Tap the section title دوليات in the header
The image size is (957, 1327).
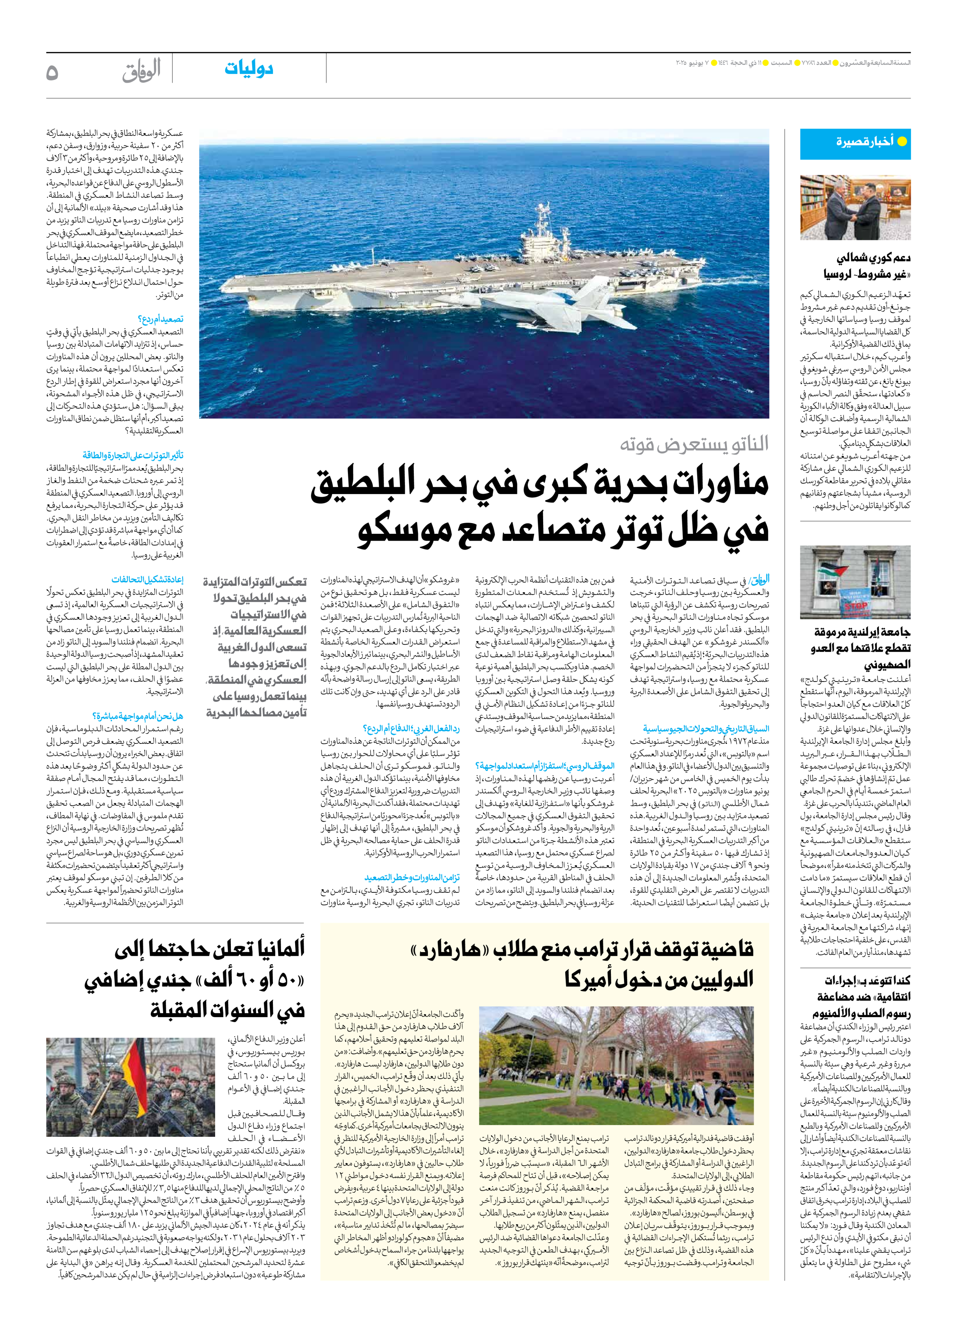(249, 68)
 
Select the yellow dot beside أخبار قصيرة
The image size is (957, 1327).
(902, 142)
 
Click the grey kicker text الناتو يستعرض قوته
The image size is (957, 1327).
(694, 444)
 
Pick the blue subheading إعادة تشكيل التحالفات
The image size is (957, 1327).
(147, 579)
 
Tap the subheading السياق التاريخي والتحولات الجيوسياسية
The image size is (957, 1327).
(706, 729)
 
